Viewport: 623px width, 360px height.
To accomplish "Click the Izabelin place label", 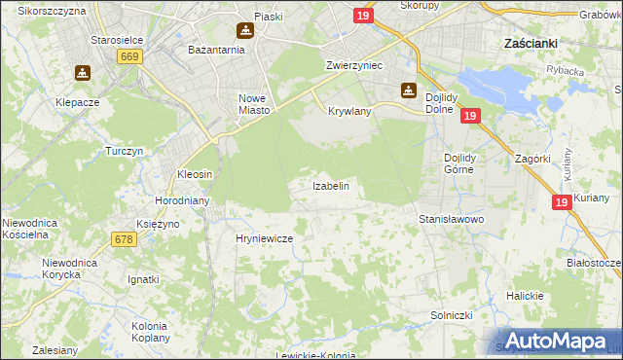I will coord(330,185).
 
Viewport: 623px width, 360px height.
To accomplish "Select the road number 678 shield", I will coord(123,239).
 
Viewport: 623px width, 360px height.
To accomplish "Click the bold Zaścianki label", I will coord(530,44).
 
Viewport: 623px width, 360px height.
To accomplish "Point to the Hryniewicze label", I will coord(265,237).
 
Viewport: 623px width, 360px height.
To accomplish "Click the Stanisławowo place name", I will coord(452,220).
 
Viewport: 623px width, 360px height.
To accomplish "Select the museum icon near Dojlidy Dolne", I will coord(408,91).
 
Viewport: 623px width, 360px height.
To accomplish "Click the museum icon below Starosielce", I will coord(83,73).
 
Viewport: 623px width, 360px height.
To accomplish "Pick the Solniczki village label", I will coord(452,316).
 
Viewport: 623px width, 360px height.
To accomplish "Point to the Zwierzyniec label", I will coord(353,65).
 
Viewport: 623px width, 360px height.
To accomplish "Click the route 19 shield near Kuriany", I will coord(561,202).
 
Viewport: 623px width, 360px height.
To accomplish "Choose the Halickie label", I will coord(523,296).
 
